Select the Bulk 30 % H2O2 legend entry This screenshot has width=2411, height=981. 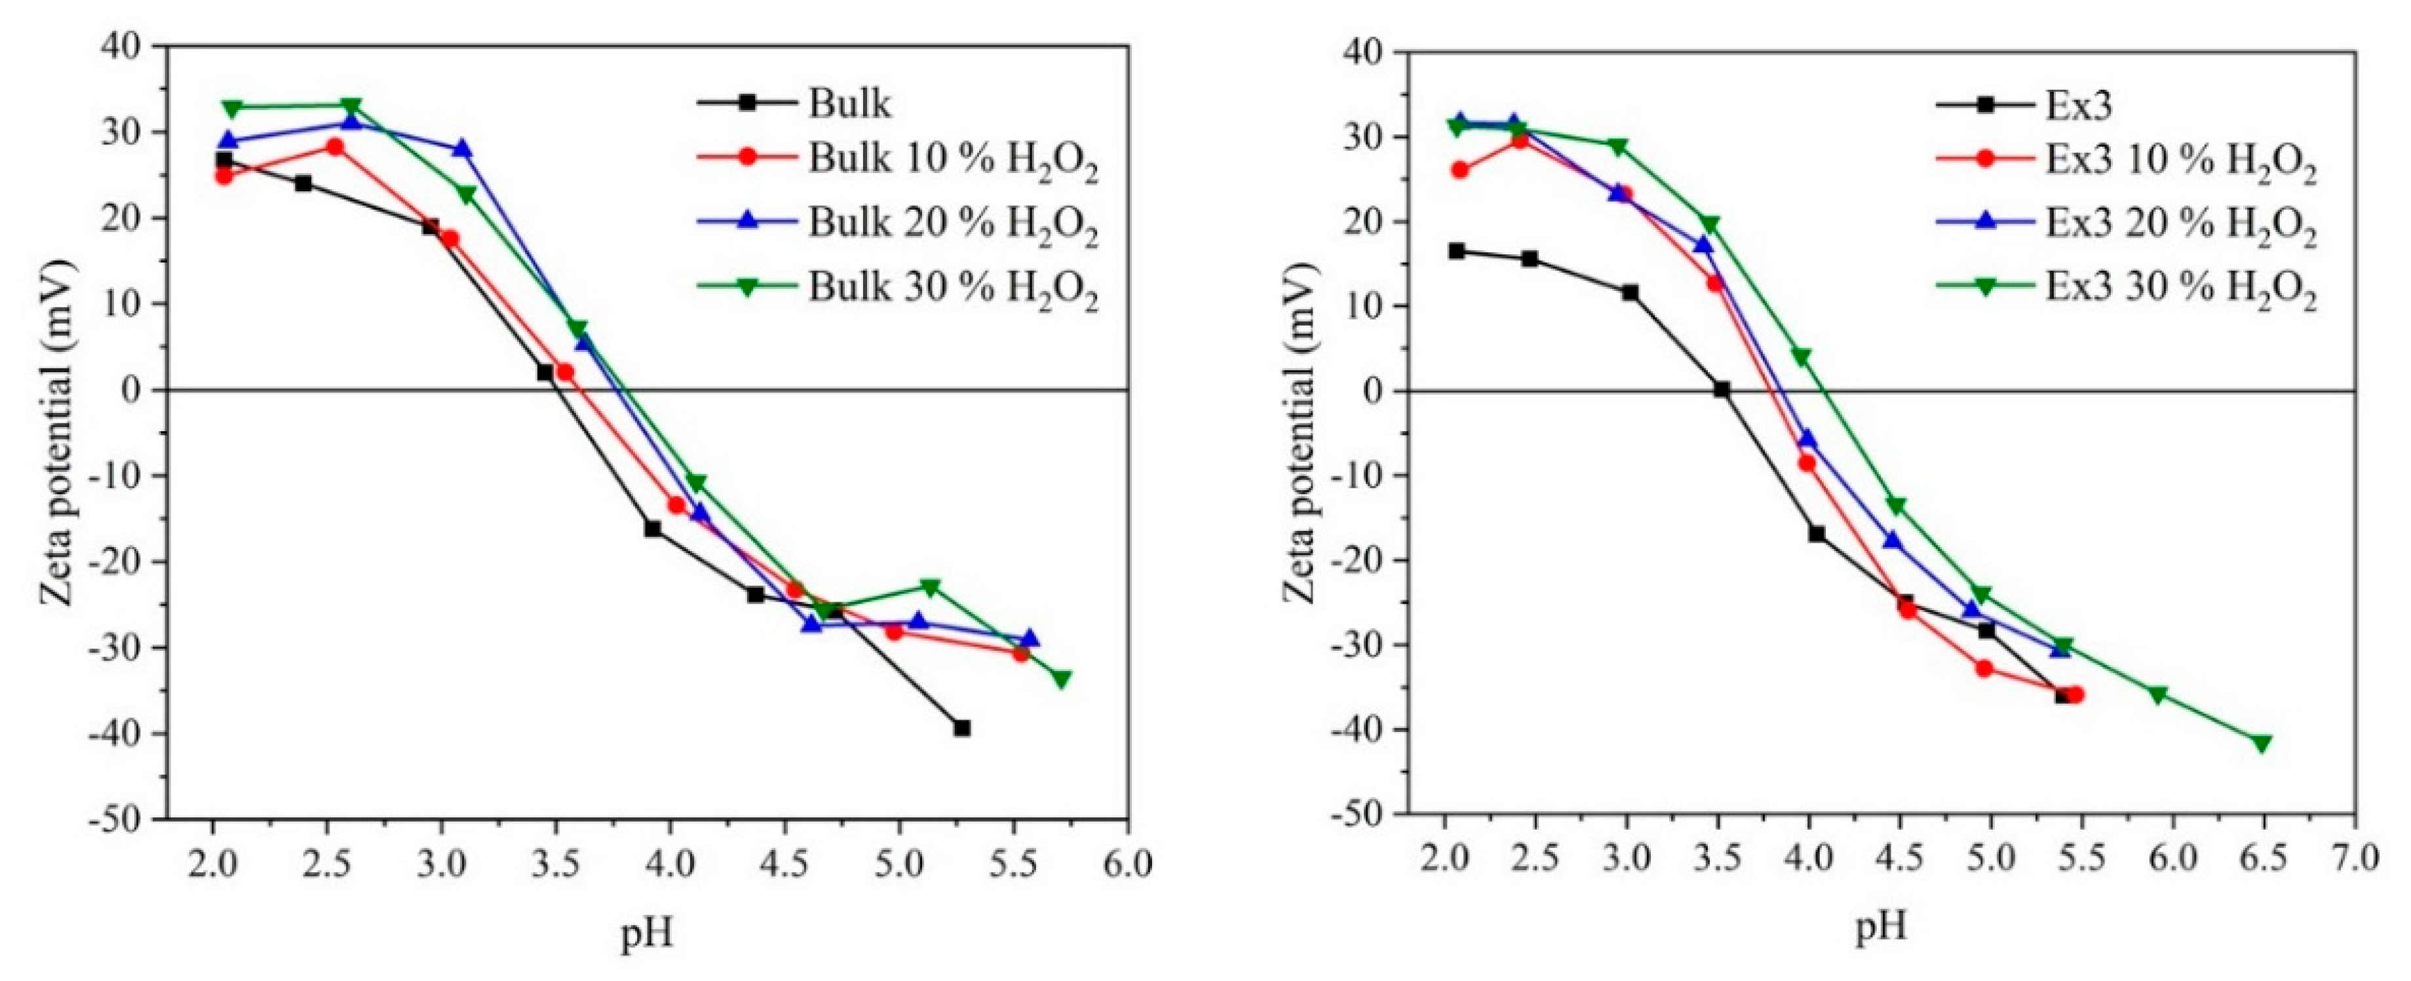pyautogui.click(x=952, y=288)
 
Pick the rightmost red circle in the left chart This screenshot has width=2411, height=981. pyautogui.click(x=1020, y=653)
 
